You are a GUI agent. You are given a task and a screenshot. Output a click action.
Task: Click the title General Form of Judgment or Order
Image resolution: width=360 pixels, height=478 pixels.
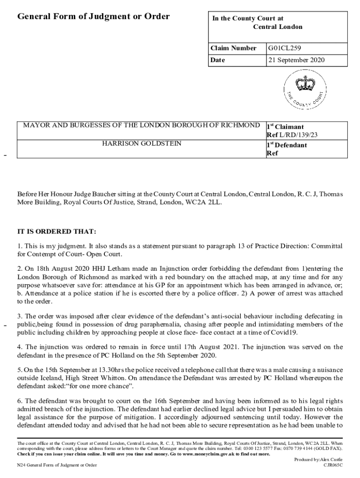[x=94, y=17]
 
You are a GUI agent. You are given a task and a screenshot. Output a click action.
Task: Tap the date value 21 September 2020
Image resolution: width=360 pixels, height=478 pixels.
[x=296, y=60]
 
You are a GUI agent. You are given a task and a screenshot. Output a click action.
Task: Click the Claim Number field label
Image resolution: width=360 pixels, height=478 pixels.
[x=233, y=48]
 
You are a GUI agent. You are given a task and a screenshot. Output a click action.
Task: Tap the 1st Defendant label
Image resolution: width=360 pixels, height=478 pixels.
[x=287, y=145]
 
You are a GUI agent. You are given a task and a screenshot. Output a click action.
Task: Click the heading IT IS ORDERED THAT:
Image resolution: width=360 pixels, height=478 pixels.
[x=57, y=232]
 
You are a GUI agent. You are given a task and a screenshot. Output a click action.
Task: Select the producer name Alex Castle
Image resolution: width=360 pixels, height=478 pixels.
[x=331, y=459]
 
